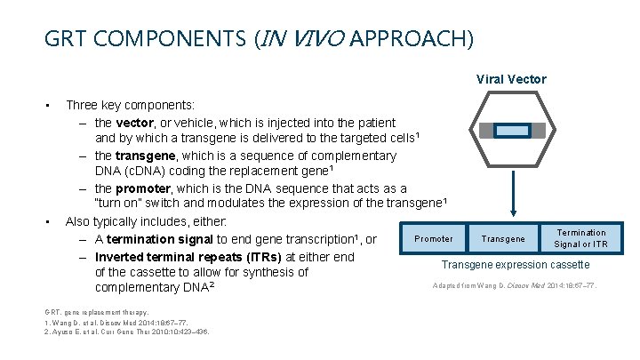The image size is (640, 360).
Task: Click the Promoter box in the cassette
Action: click(434, 238)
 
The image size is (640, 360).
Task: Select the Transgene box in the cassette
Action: click(503, 238)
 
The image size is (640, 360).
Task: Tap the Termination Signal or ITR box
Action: click(580, 238)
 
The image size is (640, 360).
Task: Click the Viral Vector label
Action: click(511, 79)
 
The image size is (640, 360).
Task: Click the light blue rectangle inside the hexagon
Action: click(511, 132)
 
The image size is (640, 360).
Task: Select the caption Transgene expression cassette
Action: click(515, 265)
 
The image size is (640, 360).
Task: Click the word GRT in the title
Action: click(63, 39)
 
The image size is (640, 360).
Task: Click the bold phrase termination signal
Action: click(159, 239)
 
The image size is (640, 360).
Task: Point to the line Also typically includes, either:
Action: click(147, 221)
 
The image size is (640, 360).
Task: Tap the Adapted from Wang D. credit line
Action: click(515, 285)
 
